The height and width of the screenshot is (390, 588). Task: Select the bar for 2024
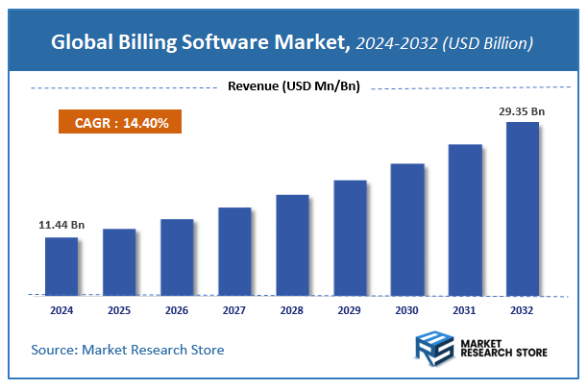[61, 265]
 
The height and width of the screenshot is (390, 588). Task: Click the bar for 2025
[119, 261]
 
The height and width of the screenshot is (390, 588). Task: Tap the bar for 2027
[234, 251]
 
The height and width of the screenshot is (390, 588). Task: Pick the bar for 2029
[350, 236]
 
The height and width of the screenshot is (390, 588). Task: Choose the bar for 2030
[407, 229]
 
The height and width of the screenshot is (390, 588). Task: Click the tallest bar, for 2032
[523, 207]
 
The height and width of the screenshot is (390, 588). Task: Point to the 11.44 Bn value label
[61, 225]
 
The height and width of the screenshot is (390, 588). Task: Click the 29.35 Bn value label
[522, 111]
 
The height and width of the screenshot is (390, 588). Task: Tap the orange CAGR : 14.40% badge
[116, 123]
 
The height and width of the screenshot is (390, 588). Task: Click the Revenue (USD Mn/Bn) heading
[293, 87]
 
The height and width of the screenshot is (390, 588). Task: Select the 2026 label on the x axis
[177, 310]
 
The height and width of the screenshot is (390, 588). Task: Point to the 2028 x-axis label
[292, 310]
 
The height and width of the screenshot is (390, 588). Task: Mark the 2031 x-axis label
[465, 310]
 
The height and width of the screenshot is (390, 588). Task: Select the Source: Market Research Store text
[128, 350]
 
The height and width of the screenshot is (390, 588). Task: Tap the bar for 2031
[465, 219]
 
